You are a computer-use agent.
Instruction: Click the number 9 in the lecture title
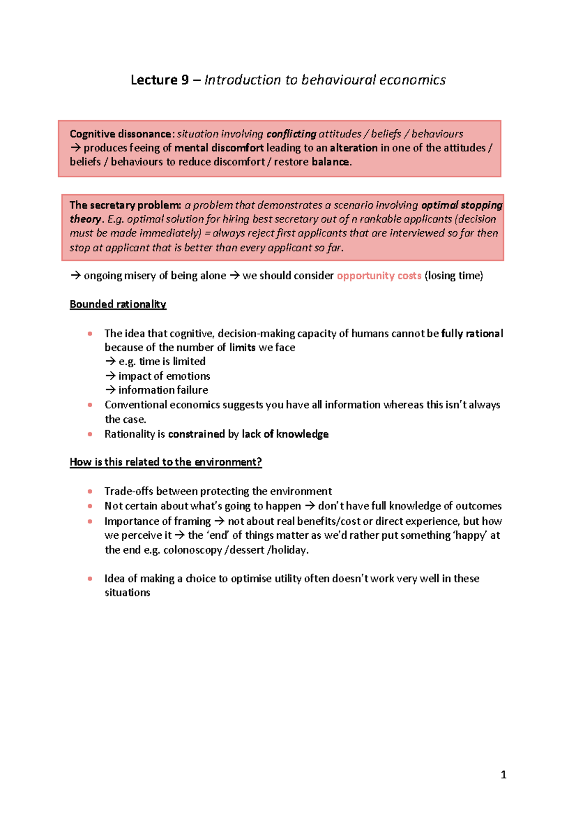(185, 80)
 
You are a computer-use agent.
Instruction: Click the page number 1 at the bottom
(504, 775)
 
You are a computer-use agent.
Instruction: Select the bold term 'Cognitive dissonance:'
(121, 134)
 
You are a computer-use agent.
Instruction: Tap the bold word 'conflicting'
(291, 134)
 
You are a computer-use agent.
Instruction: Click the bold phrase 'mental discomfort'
(219, 148)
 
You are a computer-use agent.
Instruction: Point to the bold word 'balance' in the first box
(330, 162)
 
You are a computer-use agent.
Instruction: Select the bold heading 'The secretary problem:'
(125, 205)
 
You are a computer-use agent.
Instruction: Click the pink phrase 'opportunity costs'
(379, 276)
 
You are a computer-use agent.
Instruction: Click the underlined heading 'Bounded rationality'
(118, 304)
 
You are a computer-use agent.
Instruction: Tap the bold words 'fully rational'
(472, 334)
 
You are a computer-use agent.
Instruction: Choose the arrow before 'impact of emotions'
(110, 376)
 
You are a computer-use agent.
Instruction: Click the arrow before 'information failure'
(110, 390)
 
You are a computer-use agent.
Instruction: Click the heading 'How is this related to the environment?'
(166, 462)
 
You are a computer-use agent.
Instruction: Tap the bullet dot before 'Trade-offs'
(90, 491)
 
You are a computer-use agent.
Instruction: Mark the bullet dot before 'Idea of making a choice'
(90, 579)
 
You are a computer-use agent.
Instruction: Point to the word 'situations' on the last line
(127, 593)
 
